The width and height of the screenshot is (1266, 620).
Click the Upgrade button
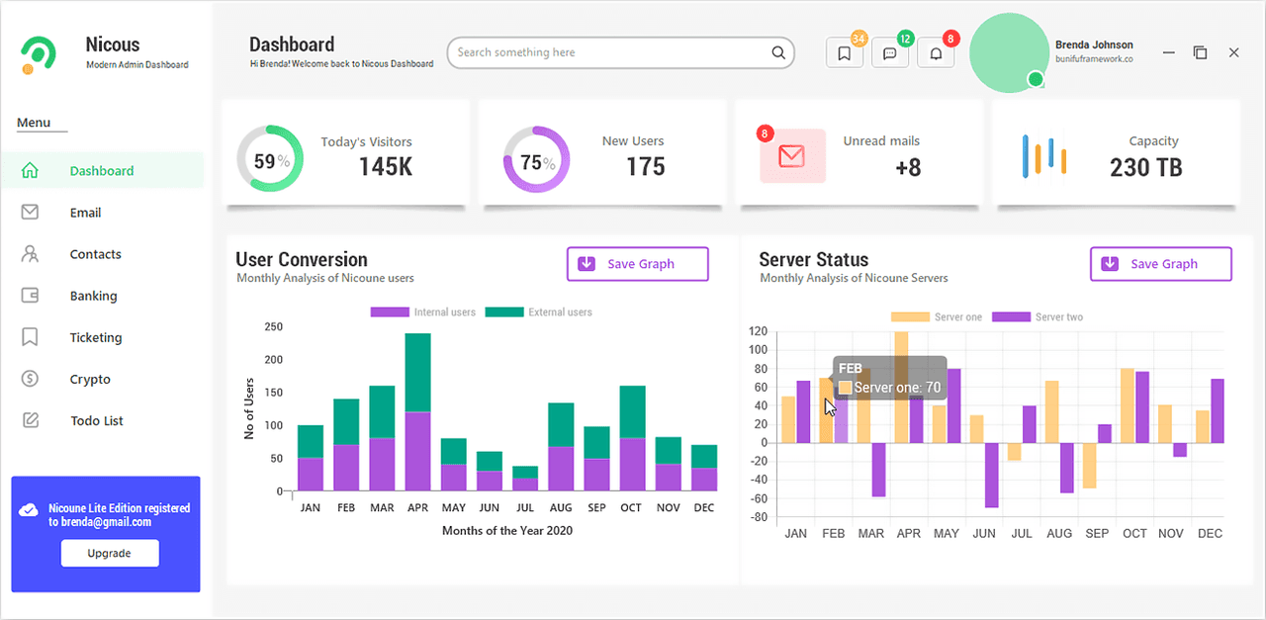pyautogui.click(x=110, y=553)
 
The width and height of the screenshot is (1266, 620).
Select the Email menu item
pyautogui.click(x=85, y=213)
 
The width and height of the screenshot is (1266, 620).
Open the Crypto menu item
pyautogui.click(x=89, y=379)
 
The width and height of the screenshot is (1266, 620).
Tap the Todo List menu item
pyautogui.click(x=96, y=420)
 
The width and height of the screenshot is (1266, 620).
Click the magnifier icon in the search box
pyautogui.click(x=778, y=52)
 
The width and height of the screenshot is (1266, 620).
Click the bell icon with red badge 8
pyautogui.click(x=936, y=53)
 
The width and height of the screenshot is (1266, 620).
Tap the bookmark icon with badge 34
pyautogui.click(x=845, y=53)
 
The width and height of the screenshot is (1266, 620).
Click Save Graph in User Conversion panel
pyautogui.click(x=638, y=264)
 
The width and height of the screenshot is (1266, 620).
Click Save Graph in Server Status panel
pyautogui.click(x=1161, y=264)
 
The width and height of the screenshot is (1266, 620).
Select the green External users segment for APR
pyautogui.click(x=417, y=373)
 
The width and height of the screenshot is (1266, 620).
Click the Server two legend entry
pyautogui.click(x=1038, y=317)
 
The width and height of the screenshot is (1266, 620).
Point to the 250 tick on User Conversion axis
pyautogui.click(x=274, y=326)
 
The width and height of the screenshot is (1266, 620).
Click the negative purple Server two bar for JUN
pyautogui.click(x=991, y=476)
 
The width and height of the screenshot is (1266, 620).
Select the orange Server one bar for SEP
pyautogui.click(x=1089, y=465)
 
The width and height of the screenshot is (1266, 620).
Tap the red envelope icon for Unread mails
pyautogui.click(x=792, y=156)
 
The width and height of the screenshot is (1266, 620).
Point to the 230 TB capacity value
pyautogui.click(x=1145, y=167)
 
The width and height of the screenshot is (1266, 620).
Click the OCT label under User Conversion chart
pyautogui.click(x=631, y=507)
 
